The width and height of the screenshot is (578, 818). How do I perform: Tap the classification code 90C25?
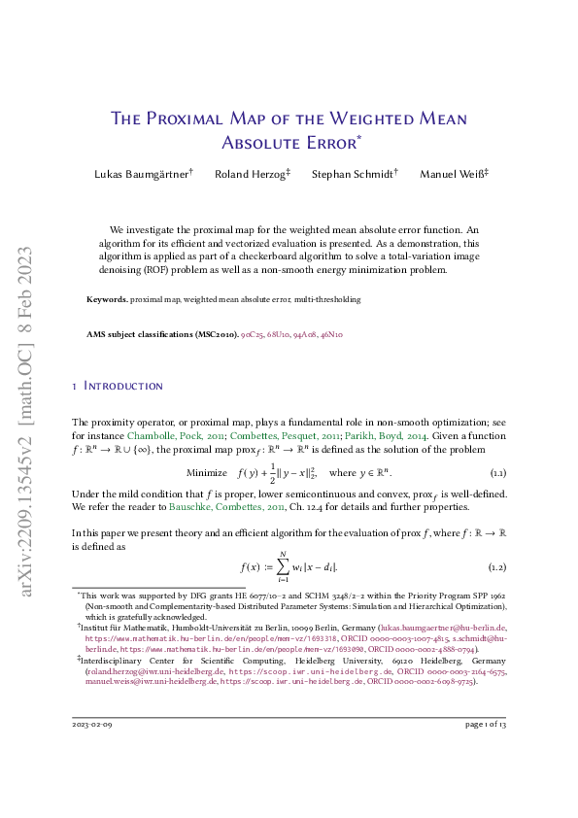[x=253, y=334]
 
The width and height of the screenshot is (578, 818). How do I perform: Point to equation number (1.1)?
[x=496, y=472]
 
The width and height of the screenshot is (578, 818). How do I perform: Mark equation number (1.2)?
[x=496, y=565]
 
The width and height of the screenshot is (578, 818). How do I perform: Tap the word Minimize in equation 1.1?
[x=207, y=472]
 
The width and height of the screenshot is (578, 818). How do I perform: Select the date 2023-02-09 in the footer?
[x=94, y=752]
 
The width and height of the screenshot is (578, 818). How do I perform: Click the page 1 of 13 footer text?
[x=486, y=752]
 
